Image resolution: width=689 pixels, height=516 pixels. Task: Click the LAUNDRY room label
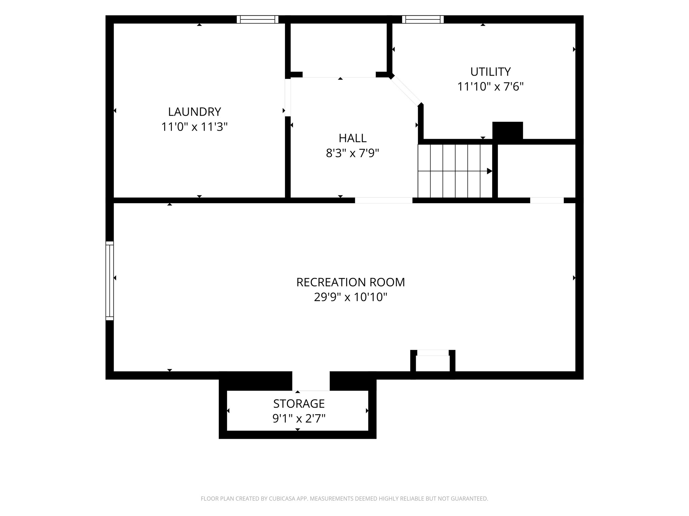194,112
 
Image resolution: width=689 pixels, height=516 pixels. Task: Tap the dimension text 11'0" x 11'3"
194,127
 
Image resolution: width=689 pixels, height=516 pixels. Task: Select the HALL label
353,138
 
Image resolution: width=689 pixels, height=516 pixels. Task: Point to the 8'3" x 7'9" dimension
353,153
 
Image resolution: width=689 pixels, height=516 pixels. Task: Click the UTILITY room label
491,72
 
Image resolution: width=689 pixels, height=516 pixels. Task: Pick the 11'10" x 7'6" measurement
491,87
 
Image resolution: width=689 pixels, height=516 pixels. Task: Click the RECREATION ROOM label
351,282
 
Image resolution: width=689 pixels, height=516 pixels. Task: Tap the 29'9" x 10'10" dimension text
351,297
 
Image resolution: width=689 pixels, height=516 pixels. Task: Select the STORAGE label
299,403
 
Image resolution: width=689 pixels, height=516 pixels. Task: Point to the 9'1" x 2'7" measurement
299,419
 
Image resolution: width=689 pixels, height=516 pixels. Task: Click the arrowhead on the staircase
489,171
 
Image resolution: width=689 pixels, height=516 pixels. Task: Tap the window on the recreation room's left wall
110,281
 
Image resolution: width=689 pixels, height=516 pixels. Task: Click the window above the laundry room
258,19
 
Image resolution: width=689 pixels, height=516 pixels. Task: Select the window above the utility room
423,19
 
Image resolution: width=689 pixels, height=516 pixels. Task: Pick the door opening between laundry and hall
288,97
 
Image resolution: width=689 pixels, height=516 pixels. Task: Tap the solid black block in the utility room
508,130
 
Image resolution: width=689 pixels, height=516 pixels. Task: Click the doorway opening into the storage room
311,381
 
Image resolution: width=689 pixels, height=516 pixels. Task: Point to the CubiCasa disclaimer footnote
344,499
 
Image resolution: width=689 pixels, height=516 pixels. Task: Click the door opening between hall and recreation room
384,200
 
